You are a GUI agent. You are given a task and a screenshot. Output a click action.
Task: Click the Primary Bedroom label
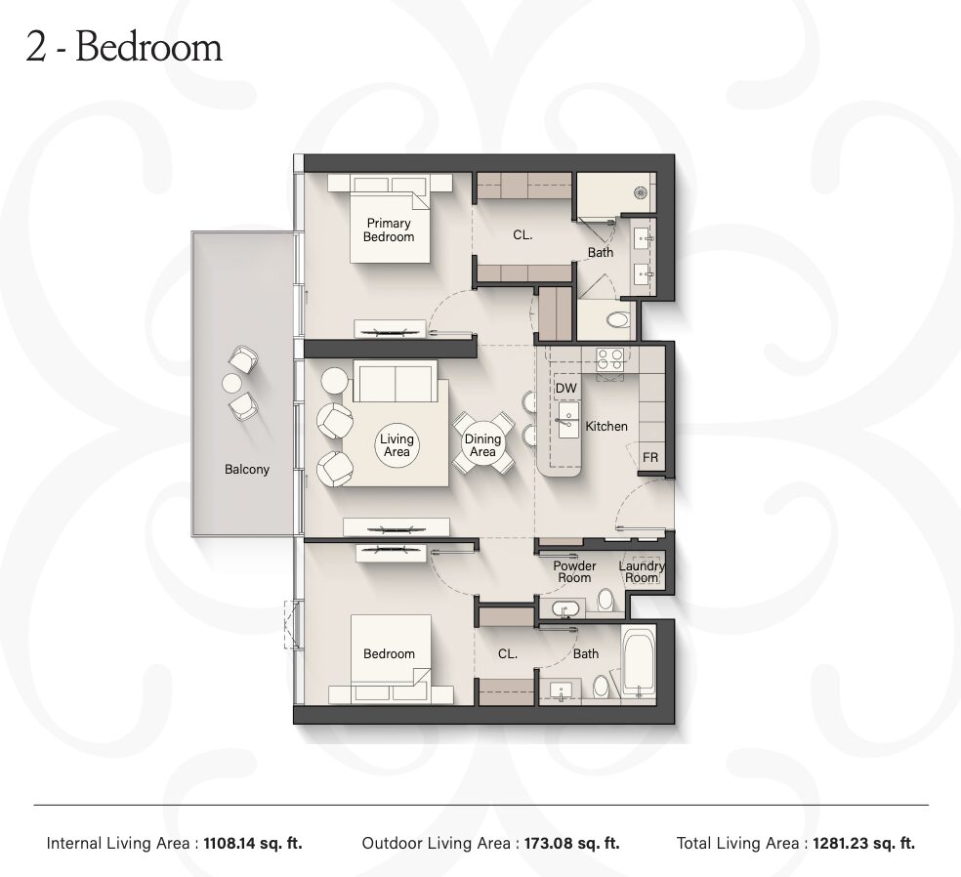[x=389, y=230]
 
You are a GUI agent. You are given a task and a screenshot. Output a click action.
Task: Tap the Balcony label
[x=247, y=470]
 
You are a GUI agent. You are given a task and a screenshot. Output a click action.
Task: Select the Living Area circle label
[x=397, y=445]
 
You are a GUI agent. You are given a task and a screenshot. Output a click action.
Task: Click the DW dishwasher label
[x=566, y=388]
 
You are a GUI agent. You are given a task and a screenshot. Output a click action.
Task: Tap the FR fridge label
[x=650, y=458]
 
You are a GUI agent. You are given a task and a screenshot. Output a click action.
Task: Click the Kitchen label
[x=606, y=427]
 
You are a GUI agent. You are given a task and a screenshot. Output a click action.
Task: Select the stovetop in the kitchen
[x=610, y=359]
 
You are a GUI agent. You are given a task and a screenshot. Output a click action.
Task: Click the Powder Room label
[x=574, y=571]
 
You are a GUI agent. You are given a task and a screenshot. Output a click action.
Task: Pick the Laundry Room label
[x=642, y=571]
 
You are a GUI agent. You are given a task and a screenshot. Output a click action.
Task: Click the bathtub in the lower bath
[x=639, y=663]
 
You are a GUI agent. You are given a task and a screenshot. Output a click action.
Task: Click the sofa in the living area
[x=396, y=381]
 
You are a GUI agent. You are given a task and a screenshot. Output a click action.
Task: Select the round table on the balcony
[x=232, y=384]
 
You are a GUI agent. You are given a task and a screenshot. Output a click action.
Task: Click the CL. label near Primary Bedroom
[x=522, y=234]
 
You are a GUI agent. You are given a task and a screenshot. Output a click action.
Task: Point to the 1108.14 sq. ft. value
[x=253, y=843]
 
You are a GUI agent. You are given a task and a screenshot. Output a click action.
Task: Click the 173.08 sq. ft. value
[x=572, y=843]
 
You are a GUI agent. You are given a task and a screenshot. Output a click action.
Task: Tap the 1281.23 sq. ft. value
[x=864, y=843]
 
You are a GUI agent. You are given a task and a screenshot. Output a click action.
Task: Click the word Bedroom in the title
[x=148, y=47]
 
